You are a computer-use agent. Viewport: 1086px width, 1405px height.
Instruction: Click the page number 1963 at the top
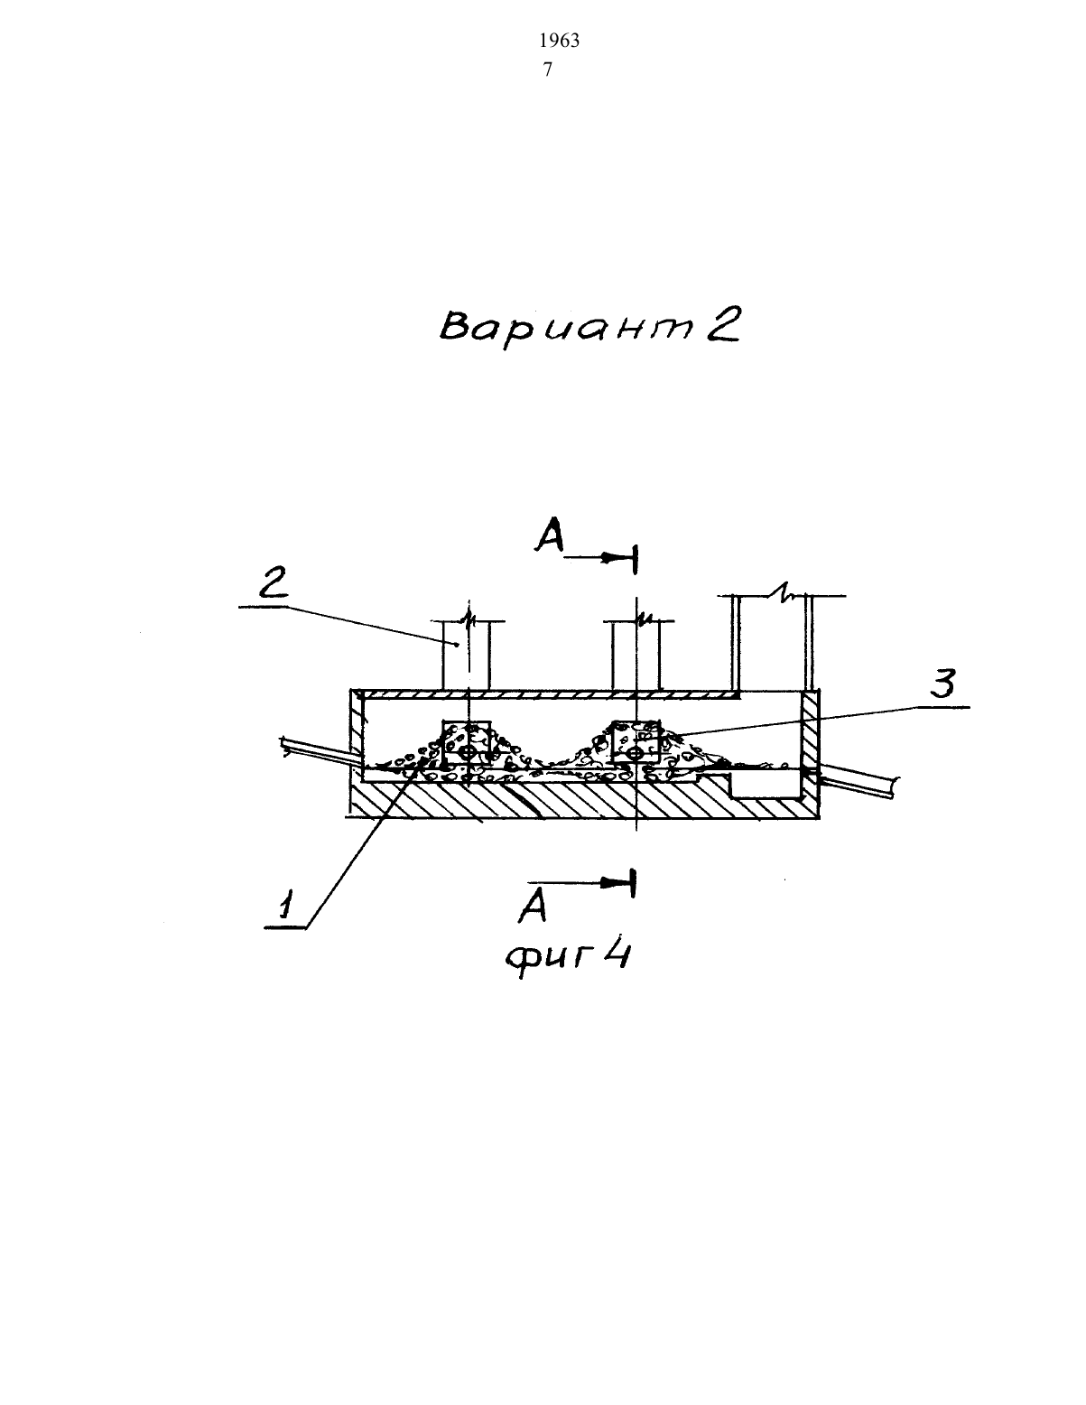pos(559,41)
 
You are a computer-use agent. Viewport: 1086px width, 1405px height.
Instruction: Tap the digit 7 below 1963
pos(548,70)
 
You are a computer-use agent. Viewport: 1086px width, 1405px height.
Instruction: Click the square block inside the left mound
pos(467,742)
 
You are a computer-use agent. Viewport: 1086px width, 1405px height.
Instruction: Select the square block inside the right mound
pos(636,742)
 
